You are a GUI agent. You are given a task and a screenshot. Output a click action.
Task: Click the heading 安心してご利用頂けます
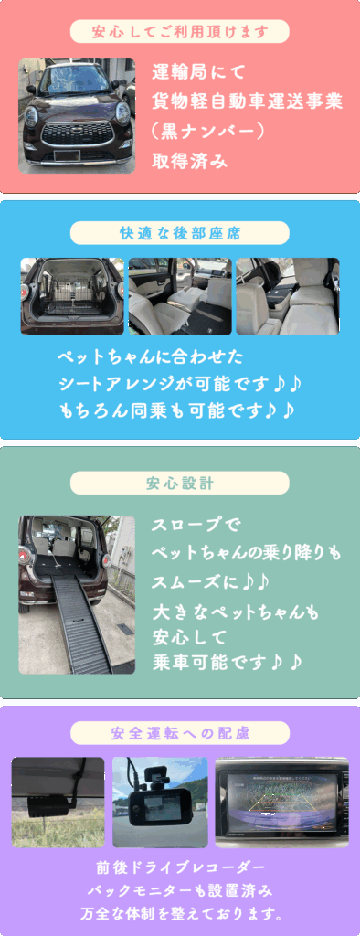pos(180,32)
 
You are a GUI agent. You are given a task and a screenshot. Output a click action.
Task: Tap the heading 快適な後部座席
pos(180,233)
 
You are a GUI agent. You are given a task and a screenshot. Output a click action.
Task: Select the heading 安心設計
pos(180,483)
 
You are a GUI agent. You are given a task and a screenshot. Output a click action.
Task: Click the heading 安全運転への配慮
pos(180,733)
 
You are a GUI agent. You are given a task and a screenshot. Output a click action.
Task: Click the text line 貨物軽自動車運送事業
pos(248,102)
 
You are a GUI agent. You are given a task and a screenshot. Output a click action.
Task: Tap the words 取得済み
pos(190,161)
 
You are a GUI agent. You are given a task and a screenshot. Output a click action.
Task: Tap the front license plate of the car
pos(67,155)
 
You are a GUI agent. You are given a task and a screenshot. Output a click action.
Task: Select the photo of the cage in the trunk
pos(72,296)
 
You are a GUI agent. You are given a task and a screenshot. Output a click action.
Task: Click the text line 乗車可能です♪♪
pos(227,661)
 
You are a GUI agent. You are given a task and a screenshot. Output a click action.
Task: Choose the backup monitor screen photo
pos(281,802)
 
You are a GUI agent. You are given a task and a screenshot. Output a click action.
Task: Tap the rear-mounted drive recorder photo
pos(58,802)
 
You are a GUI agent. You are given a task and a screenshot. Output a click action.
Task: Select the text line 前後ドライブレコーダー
pos(180,867)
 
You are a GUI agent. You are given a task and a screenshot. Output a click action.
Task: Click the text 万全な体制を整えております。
pos(180,914)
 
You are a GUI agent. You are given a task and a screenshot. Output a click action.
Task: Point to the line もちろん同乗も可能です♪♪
pos(178,410)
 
